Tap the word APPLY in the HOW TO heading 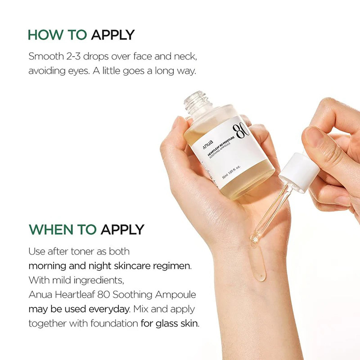112,35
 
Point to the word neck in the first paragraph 184,56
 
